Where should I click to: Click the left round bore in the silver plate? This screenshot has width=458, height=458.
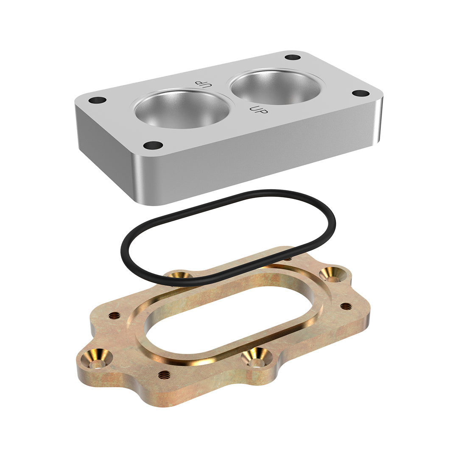(182, 109)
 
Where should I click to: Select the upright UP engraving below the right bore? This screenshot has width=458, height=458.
(259, 109)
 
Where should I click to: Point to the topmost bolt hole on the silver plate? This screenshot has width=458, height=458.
(292, 57)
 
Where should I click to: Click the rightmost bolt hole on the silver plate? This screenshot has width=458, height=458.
(361, 93)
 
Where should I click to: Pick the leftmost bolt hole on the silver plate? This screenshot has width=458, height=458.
(98, 101)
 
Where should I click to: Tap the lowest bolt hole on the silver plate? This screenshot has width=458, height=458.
(153, 145)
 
